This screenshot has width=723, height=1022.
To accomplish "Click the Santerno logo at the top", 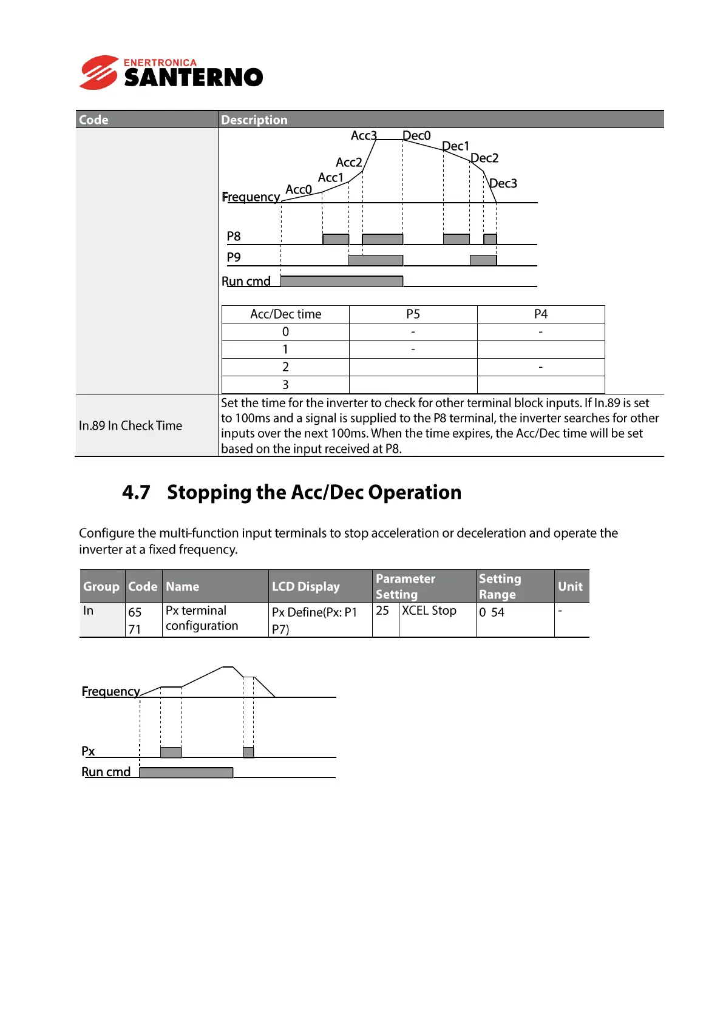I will [171, 73].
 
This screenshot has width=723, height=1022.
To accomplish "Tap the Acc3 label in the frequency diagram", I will [364, 135].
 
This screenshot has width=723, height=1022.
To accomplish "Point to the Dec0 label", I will [416, 135].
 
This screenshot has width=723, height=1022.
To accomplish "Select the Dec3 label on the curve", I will [503, 183].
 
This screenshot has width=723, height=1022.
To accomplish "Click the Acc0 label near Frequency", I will [299, 189].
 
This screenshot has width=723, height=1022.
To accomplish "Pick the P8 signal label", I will [234, 236].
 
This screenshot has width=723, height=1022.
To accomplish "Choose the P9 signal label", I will [234, 257].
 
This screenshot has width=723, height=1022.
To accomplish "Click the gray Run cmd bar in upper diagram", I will [342, 281].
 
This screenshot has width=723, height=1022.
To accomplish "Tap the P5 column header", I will [413, 314].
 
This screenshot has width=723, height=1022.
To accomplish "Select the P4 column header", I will [540, 314].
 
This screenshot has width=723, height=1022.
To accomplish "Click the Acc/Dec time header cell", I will [285, 314].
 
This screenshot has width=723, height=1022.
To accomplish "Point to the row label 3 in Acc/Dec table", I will [285, 385].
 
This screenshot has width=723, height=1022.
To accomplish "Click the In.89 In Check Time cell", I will [131, 425].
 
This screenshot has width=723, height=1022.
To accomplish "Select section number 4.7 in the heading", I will [136, 492].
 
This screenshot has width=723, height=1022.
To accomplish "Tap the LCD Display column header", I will [306, 586].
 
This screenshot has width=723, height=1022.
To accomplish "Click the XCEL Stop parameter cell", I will [429, 611].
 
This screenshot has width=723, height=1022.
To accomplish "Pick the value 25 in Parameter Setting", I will [382, 611].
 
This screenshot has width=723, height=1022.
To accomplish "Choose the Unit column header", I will [570, 586].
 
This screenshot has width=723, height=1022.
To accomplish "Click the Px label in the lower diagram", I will [89, 751].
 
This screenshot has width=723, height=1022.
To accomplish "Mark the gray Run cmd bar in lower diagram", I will [186, 772].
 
